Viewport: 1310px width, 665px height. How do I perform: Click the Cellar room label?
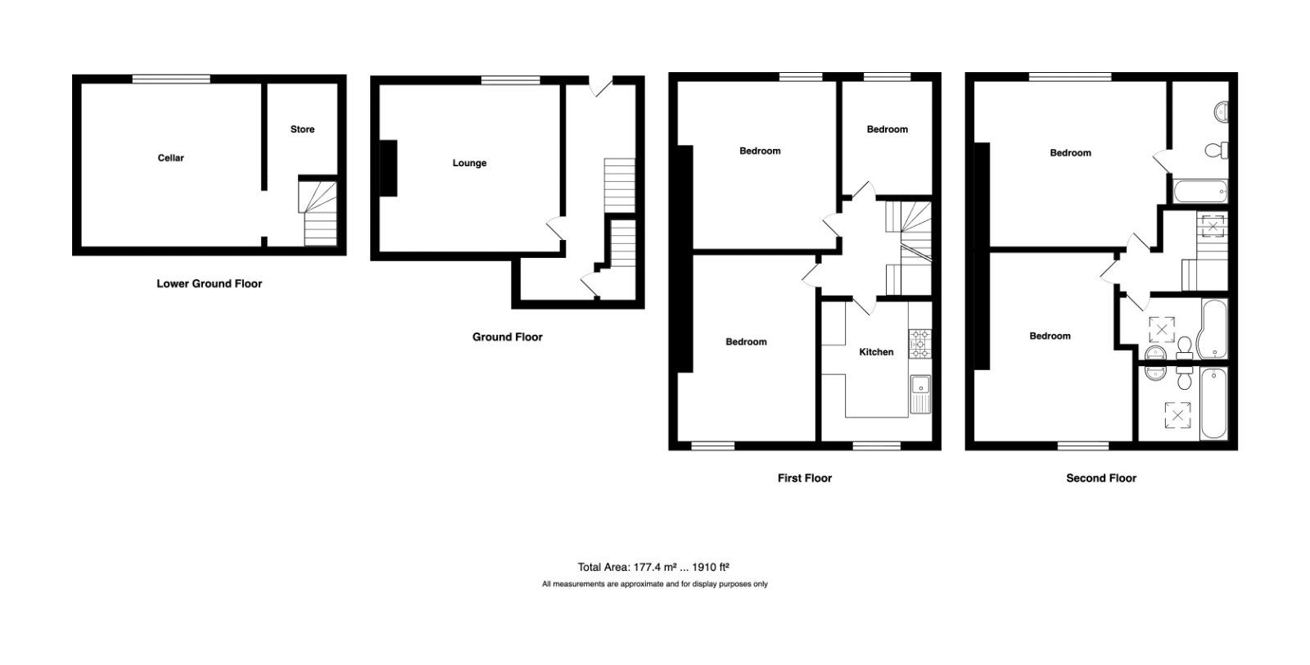point(170,158)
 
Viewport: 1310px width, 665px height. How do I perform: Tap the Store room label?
point(302,129)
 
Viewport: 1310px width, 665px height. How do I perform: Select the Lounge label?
point(469,163)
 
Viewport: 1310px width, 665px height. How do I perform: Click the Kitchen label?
point(876,352)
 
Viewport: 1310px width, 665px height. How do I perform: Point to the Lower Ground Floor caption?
point(209,284)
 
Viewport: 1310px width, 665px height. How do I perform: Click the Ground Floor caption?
point(507,337)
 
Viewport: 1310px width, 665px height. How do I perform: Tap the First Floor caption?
point(804,478)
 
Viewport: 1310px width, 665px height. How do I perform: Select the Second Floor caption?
point(1100,478)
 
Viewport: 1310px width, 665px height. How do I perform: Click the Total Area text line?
point(653,567)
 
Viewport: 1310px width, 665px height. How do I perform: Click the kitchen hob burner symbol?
point(919,342)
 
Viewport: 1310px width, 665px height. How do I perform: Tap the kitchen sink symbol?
point(919,385)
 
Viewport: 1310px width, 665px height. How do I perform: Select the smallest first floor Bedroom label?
point(887,129)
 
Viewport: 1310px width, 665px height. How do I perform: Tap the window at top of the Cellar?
point(171,79)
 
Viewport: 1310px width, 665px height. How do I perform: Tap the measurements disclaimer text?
point(653,585)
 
